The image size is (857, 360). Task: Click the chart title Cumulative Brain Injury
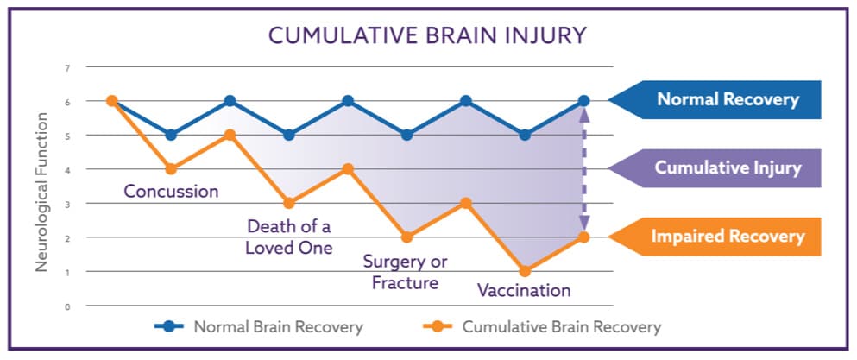click(x=428, y=36)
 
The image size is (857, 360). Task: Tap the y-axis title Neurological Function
click(x=42, y=192)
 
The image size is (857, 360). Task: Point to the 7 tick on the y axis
click(x=68, y=67)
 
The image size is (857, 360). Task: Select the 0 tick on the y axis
click(x=68, y=306)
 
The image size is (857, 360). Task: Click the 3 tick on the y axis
click(x=68, y=204)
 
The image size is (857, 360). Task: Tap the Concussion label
click(x=171, y=192)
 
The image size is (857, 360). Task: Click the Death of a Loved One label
click(x=289, y=237)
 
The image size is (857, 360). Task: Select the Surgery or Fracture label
click(x=405, y=273)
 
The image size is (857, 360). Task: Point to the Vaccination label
click(x=524, y=289)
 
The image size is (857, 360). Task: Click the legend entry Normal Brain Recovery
click(x=259, y=327)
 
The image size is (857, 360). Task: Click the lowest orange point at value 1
click(x=525, y=271)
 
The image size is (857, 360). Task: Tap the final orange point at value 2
click(x=583, y=237)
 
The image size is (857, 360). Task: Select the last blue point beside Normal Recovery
click(x=583, y=101)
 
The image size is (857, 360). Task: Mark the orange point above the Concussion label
click(x=171, y=169)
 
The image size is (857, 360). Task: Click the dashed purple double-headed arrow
click(x=583, y=169)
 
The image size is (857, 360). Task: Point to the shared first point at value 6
click(x=112, y=101)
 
